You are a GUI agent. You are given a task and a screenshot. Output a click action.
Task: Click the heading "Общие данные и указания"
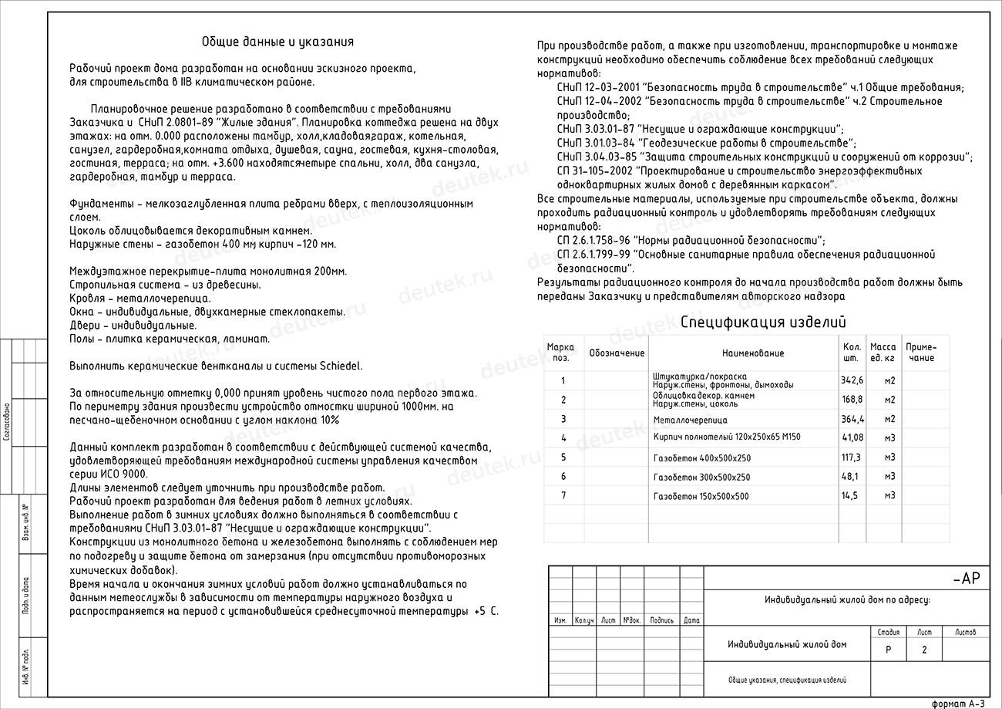[x=277, y=42]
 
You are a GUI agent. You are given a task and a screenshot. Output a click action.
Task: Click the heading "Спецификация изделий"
[x=763, y=322]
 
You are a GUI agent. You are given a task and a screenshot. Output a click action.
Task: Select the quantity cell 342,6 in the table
[x=852, y=380]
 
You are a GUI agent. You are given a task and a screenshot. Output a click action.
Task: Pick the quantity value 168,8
[x=852, y=400]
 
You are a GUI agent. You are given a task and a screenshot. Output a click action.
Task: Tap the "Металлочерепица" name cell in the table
[x=690, y=420]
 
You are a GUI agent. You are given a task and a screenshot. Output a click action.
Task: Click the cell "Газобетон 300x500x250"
[x=701, y=477]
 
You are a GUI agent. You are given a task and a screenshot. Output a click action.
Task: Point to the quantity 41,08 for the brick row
[x=852, y=437]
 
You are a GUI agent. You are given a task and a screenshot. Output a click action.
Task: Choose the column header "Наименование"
[x=752, y=353]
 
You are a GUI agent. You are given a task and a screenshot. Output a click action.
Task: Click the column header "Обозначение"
[x=616, y=353]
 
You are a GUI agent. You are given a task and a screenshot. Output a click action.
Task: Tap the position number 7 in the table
[x=563, y=495]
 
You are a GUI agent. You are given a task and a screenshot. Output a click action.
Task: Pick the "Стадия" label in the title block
[x=888, y=632]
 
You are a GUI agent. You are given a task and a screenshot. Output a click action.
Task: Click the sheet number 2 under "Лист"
[x=924, y=650]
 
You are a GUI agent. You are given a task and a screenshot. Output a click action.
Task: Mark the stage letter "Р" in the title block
[x=888, y=650]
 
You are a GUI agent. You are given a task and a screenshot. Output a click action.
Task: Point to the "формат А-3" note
[x=958, y=703]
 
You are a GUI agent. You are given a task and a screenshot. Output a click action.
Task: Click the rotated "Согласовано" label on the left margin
[x=6, y=420]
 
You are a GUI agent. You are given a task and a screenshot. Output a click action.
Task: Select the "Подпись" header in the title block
[x=661, y=620]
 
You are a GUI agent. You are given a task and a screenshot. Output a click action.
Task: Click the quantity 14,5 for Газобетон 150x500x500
[x=850, y=496]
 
